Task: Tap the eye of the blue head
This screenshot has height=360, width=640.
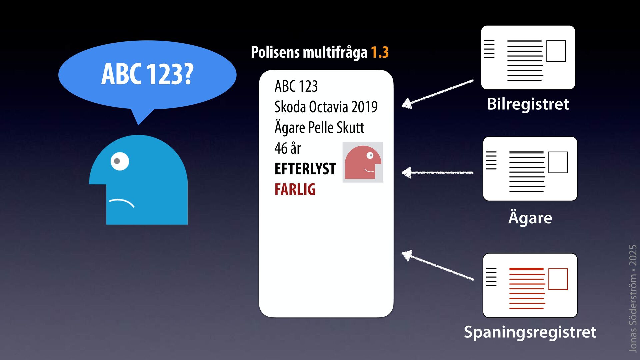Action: [x=119, y=161]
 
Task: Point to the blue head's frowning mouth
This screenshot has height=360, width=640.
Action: [x=122, y=202]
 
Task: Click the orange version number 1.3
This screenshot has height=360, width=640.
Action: [x=380, y=52]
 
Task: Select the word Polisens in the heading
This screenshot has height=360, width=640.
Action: [x=275, y=52]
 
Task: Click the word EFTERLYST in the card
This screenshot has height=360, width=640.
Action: [x=305, y=169]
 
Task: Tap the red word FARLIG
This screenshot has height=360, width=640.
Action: [x=295, y=189]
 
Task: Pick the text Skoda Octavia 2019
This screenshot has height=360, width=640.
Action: [x=326, y=107]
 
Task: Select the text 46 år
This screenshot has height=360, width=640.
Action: [x=288, y=148]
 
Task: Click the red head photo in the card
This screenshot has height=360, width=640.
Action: [x=363, y=162]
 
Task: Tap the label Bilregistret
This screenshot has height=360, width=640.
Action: [x=528, y=104]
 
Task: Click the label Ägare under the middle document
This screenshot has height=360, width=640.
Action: [x=530, y=218]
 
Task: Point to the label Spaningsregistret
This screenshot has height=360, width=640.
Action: [x=530, y=332]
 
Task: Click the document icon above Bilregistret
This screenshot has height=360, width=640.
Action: [x=528, y=57]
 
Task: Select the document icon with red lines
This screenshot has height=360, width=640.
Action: [x=530, y=285]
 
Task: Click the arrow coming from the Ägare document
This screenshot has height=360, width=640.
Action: [x=437, y=172]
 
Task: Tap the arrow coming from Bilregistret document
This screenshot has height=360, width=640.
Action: [x=437, y=94]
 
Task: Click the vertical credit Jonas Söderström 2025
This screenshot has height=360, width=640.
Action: [x=632, y=298]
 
